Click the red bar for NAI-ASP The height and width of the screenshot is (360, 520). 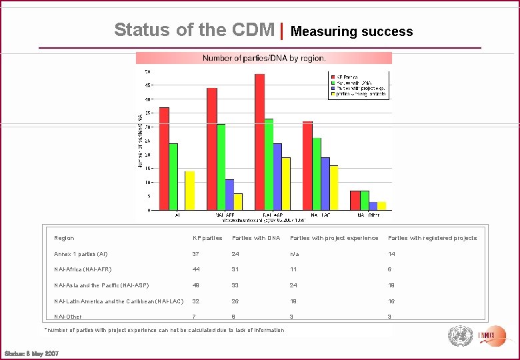click(259, 142)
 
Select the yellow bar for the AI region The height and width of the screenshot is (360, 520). click(190, 191)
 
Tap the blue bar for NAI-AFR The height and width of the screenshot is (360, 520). click(229, 195)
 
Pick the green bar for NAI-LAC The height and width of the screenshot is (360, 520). click(317, 174)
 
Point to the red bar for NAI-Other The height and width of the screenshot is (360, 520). click(355, 201)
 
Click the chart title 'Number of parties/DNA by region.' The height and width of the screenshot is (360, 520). click(264, 58)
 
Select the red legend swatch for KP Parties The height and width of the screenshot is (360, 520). click(333, 77)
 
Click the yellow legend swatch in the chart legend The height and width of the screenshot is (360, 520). click(333, 94)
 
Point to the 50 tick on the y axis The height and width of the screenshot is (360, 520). click(147, 71)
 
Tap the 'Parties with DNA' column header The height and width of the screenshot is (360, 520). click(256, 238)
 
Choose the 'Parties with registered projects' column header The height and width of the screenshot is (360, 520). click(432, 238)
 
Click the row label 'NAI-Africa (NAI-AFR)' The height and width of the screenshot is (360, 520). click(83, 269)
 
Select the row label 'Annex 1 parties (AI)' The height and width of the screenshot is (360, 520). click(81, 254)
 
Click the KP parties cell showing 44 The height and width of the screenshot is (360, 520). click(196, 269)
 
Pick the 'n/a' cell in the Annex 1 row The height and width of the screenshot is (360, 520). click(294, 254)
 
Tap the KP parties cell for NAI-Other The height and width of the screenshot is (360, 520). click(194, 317)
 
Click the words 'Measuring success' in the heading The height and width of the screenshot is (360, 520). click(351, 31)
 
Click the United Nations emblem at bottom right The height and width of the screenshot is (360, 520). click(459, 335)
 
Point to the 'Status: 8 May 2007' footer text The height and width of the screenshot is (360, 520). click(31, 353)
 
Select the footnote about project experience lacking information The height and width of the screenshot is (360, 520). click(164, 330)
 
